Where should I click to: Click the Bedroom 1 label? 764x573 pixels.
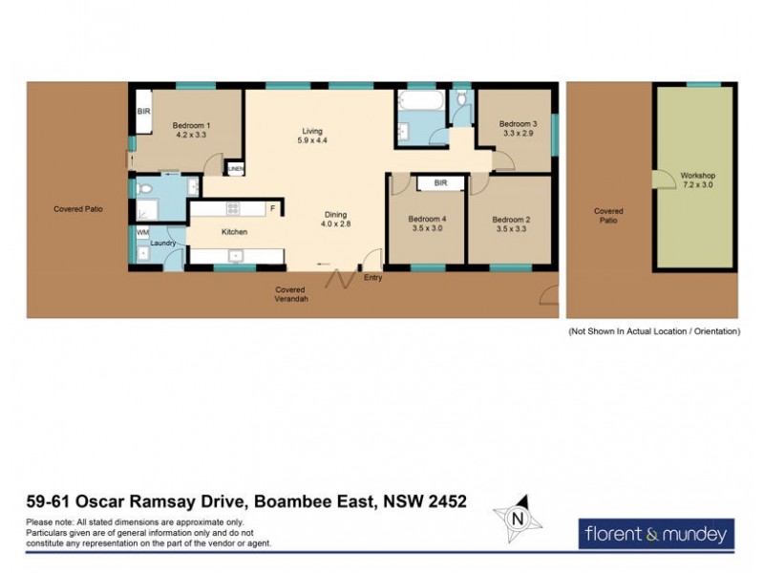pyautogui.click(x=191, y=131)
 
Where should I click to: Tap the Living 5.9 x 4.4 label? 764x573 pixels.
pyautogui.click(x=313, y=136)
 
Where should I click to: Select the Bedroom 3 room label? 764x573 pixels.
pyautogui.click(x=518, y=129)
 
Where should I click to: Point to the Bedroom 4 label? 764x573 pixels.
pyautogui.click(x=428, y=223)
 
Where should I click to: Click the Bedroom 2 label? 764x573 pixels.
pyautogui.click(x=511, y=223)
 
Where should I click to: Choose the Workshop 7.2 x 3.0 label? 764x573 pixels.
pyautogui.click(x=697, y=180)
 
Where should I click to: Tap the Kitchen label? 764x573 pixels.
pyautogui.click(x=235, y=232)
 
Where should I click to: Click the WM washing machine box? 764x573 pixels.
pyautogui.click(x=143, y=232)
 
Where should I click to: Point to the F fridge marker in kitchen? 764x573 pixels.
pyautogui.click(x=272, y=208)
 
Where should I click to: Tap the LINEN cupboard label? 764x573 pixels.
pyautogui.click(x=235, y=170)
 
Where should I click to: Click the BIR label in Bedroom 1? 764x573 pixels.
pyautogui.click(x=143, y=112)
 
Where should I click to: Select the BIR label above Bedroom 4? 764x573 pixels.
pyautogui.click(x=440, y=182)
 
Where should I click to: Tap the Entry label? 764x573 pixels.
pyautogui.click(x=372, y=279)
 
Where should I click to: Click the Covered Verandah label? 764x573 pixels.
pyautogui.click(x=292, y=294)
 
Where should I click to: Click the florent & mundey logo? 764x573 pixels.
pyautogui.click(x=656, y=533)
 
